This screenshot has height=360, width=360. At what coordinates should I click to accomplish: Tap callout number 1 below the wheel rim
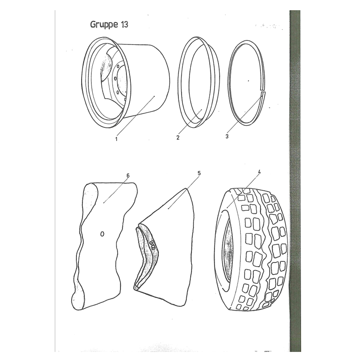(x=116, y=139)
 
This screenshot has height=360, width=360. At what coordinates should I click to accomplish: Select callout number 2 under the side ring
(x=178, y=137)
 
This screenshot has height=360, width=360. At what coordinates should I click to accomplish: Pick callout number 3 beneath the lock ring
(x=227, y=136)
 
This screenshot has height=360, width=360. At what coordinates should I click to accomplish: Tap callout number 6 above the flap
(x=128, y=175)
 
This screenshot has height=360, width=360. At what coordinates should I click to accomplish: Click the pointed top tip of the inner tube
(x=186, y=189)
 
